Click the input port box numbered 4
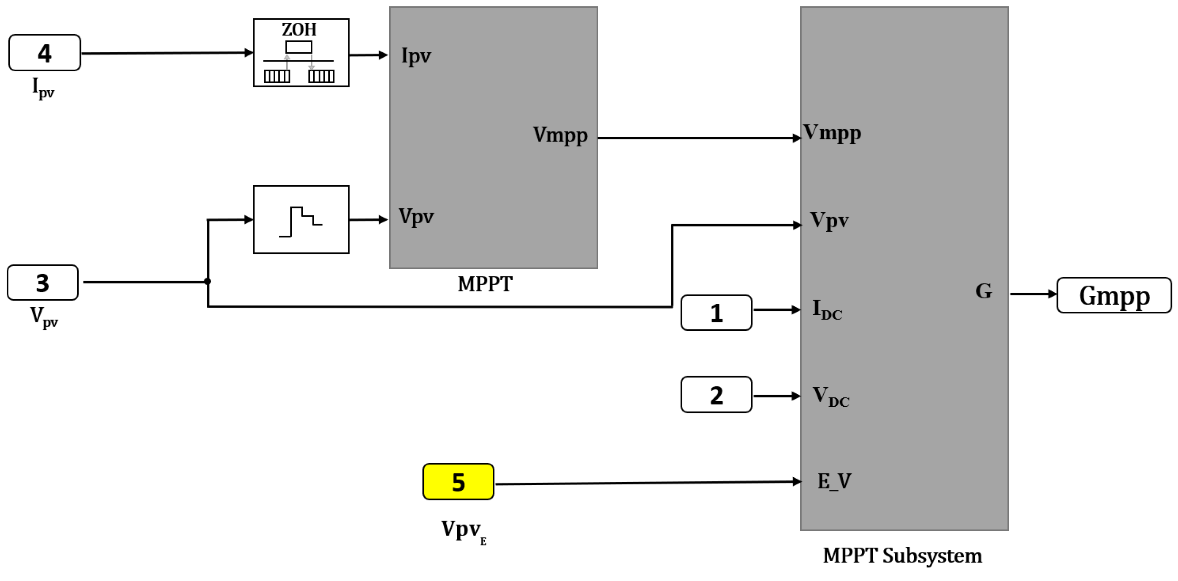point(44,53)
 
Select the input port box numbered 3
point(43,283)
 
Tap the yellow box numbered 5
point(458,481)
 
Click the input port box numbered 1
point(716,313)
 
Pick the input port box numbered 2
point(716,395)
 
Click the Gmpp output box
point(1113,295)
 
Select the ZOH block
point(301,53)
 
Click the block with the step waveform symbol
point(301,219)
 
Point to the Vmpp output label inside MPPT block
point(560,135)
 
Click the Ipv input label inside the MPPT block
point(416,56)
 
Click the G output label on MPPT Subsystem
point(983,291)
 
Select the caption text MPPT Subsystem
point(902,556)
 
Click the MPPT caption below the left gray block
point(485,284)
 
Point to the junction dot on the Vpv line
point(208,281)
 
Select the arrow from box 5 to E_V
point(647,482)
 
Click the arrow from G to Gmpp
point(1033,294)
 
